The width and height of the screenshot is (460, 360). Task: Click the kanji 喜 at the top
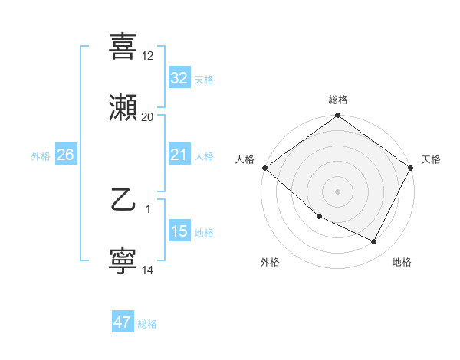[123, 46]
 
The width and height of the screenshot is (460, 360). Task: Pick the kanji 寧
[123, 261]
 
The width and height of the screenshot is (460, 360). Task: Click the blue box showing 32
[179, 78]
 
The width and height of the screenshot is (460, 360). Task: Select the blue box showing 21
[179, 155]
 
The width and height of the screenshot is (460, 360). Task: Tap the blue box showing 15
[179, 232]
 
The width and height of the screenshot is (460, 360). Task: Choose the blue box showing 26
[65, 155]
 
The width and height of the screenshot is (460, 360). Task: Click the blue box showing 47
[123, 322]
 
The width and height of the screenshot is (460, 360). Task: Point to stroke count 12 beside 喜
[148, 56]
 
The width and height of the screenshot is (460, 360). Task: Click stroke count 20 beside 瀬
[148, 117]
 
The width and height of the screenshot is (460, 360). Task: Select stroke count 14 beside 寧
[148, 270]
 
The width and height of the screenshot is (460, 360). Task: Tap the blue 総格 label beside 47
[147, 324]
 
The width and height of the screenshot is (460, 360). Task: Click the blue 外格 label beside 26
[41, 156]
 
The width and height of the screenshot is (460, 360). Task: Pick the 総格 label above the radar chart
[338, 100]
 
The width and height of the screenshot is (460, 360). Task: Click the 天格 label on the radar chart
[431, 159]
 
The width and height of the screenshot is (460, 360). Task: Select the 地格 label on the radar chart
[402, 262]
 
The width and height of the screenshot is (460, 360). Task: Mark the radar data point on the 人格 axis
[264, 168]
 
